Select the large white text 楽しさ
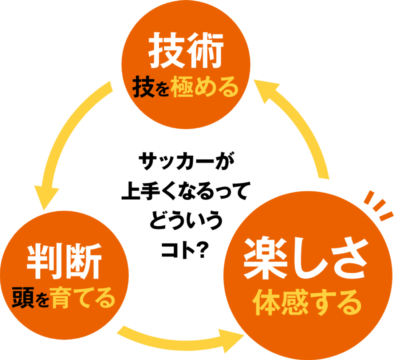pos(305,258)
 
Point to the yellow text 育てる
pos(83,298)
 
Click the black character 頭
pos(22,298)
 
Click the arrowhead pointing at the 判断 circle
pos(46,197)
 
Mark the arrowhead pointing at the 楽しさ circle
pos(229,340)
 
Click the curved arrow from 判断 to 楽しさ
pos(168,337)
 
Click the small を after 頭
pos(42,301)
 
